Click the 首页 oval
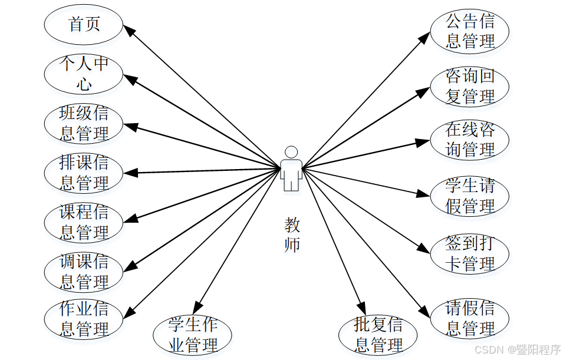[x=84, y=25]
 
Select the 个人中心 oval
[x=84, y=74]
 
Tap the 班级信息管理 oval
[x=84, y=123]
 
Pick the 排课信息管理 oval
[x=84, y=173]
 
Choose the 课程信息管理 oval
[x=84, y=222]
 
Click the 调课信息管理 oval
[x=84, y=271]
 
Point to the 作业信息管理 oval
[x=84, y=319]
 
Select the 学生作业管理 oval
[x=192, y=335]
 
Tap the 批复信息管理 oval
[x=378, y=335]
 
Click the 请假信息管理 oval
[x=469, y=319]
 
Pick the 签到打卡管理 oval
[x=469, y=253]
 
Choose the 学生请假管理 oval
[x=469, y=196]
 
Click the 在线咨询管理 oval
[x=469, y=140]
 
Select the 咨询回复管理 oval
[x=469, y=86]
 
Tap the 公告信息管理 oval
[x=469, y=31]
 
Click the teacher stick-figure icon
[x=291, y=169]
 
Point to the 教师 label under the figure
[x=292, y=235]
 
